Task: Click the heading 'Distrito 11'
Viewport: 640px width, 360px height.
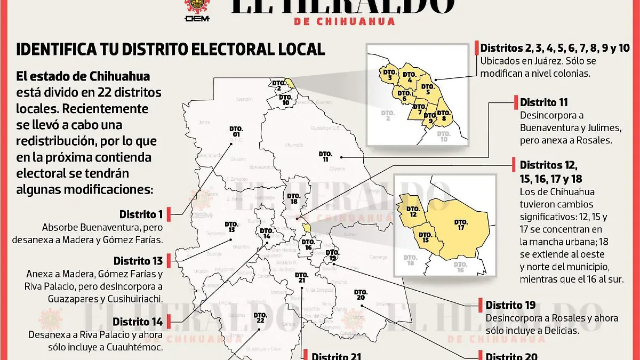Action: pos(544,102)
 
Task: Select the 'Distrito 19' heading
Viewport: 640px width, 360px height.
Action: pos(510,305)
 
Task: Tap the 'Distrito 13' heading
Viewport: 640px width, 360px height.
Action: pos(138,261)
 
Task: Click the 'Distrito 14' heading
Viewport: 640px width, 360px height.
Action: pos(138,322)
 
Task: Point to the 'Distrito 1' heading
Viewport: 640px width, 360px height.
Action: pos(141,214)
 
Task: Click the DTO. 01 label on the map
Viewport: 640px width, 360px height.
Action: pos(236,132)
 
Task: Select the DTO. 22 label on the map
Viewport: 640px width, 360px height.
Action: pos(260,317)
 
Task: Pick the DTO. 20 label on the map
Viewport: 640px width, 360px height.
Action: pos(360,294)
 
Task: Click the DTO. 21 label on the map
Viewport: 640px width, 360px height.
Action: pos(301,277)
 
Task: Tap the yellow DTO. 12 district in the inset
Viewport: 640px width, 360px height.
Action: pos(412,211)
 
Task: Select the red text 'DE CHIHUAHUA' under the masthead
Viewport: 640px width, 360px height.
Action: pos(345,21)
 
